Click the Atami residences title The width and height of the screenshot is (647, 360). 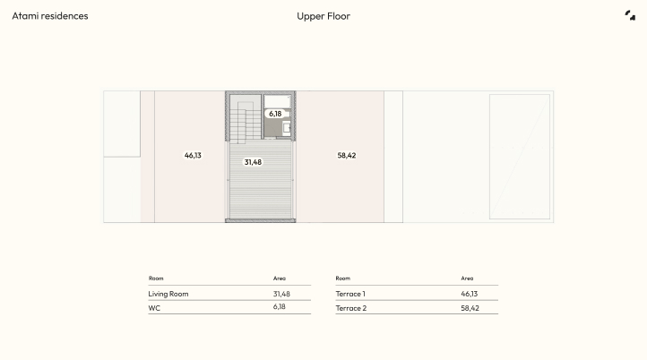pos(50,16)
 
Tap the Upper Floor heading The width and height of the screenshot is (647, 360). pos(323,16)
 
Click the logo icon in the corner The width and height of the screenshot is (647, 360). pos(630,15)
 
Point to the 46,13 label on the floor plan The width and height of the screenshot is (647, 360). pos(193,156)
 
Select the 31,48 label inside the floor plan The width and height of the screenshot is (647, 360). pos(253,162)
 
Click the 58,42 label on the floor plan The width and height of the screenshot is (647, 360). pos(347,156)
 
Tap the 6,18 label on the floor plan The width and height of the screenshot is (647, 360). pos(275,114)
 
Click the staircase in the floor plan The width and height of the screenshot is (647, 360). pos(246,119)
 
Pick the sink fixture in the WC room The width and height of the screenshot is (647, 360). pos(287,128)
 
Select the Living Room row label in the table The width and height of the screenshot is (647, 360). pos(168,294)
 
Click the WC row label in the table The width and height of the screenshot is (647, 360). pos(154,308)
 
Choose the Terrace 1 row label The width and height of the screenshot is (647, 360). pos(350,294)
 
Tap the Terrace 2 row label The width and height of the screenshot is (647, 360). pos(351,308)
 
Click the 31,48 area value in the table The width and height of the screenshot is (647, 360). pos(281,294)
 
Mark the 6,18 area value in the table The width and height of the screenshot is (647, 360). pos(279,307)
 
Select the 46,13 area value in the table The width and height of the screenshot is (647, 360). pos(470,294)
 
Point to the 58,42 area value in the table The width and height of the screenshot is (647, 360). pos(470,308)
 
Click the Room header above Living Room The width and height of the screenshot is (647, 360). pos(156,279)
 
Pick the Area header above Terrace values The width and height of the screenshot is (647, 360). pos(467,279)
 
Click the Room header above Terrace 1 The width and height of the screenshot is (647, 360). pos(343,279)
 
